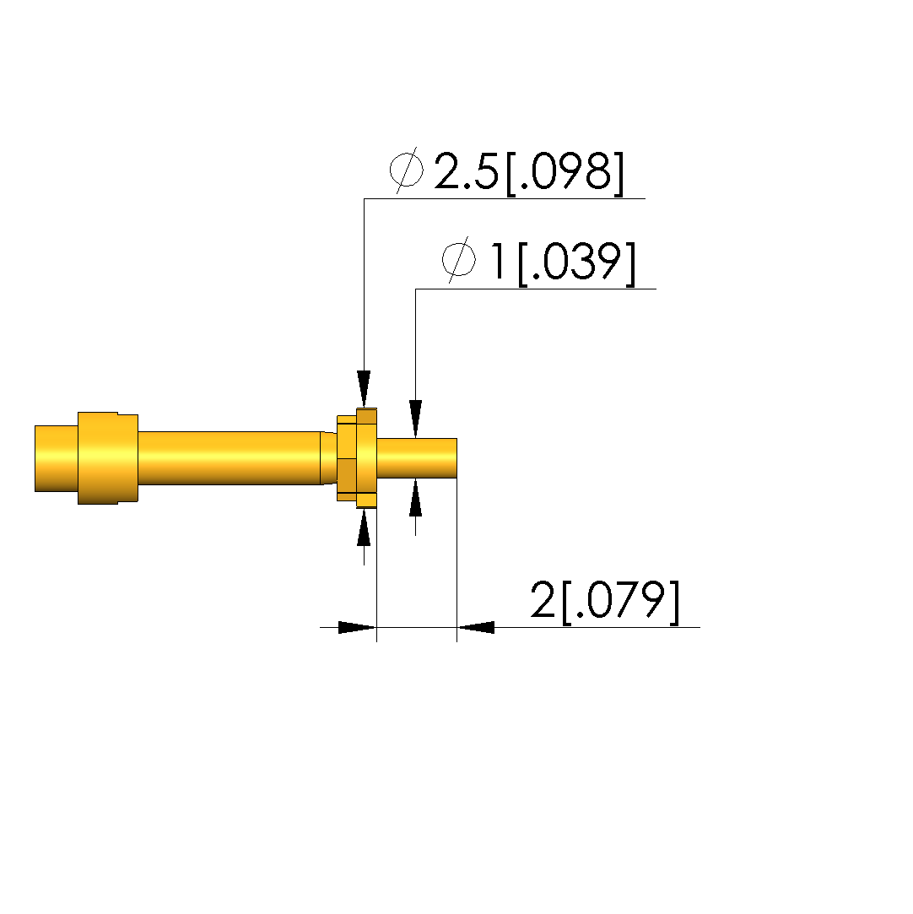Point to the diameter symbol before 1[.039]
[x=458, y=260]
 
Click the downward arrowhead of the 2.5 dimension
[x=365, y=389]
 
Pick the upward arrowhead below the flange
[x=365, y=527]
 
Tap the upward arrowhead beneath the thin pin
[x=415, y=497]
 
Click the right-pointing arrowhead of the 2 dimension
[x=358, y=628]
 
